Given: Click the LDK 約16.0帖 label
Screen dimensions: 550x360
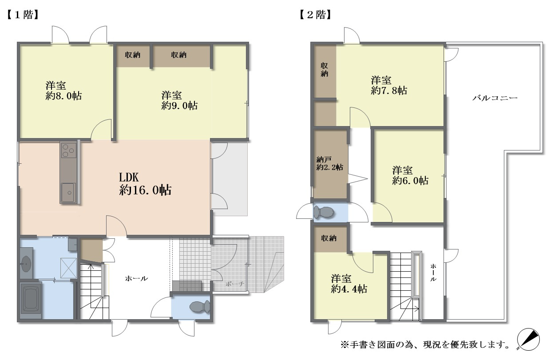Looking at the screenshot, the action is coord(145,184).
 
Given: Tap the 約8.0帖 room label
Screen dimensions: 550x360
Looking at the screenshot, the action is coord(63,91).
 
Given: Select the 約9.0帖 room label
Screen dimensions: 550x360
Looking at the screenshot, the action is coord(179,100).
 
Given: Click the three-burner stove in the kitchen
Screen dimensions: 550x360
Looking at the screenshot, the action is coord(69,150).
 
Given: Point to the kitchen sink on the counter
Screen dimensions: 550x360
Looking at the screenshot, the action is coord(68,193).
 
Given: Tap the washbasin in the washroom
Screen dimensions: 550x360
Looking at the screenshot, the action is coord(26,263).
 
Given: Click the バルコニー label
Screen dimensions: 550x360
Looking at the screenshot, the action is coord(495,98).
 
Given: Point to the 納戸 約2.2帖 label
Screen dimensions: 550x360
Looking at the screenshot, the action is coord(329,163).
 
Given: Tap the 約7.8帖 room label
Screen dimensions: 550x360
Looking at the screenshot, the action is coord(389,86).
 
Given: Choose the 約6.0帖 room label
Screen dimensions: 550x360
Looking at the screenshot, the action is coord(410,176).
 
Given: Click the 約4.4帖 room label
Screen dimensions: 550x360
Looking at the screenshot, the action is coord(349,284).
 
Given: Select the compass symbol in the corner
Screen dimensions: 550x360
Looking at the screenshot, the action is coord(528,340).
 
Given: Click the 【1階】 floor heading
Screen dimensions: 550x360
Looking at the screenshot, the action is coord(22,15).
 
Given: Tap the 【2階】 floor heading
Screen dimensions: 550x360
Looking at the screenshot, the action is coord(315,15).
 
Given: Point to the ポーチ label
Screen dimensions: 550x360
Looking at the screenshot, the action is coord(235,284).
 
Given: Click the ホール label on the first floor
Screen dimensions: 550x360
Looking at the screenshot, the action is coord(137,278).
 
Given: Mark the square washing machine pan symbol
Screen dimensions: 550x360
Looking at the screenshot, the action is coord(68,268).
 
